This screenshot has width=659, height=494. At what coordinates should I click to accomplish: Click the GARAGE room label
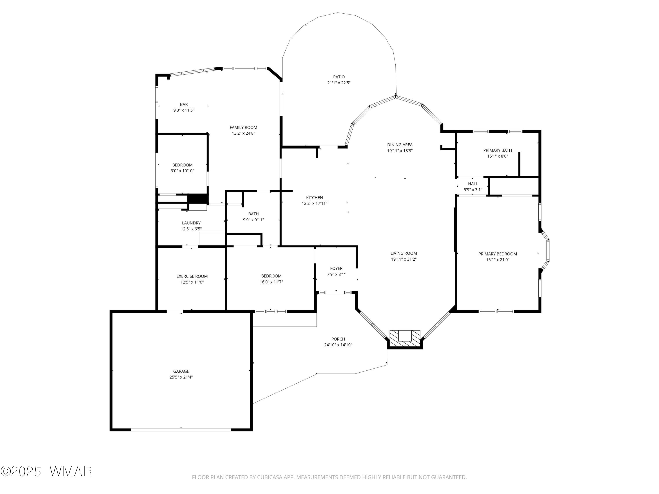181,371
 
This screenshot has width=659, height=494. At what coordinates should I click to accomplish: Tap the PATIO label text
339,77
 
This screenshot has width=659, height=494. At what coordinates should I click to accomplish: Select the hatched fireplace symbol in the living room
405,339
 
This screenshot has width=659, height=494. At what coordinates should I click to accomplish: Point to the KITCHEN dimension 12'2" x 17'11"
315,203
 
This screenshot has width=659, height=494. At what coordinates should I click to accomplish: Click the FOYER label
336,268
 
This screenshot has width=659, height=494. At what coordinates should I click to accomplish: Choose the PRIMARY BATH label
498,150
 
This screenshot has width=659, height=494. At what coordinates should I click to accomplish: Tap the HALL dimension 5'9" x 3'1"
473,190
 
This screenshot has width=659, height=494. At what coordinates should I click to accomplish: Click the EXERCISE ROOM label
192,276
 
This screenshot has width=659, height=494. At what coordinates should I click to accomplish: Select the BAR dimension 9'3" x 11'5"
184,110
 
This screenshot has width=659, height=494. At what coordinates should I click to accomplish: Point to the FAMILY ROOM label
243,127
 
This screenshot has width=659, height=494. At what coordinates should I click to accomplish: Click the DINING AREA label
400,145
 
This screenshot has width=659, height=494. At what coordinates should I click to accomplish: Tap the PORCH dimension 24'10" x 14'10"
338,345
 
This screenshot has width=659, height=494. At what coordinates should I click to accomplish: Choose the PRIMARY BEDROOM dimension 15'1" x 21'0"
498,260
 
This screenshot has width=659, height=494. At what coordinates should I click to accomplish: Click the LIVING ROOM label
404,253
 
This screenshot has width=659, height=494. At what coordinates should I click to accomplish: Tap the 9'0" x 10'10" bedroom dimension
182,171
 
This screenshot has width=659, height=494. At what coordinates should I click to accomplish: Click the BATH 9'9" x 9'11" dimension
253,220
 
